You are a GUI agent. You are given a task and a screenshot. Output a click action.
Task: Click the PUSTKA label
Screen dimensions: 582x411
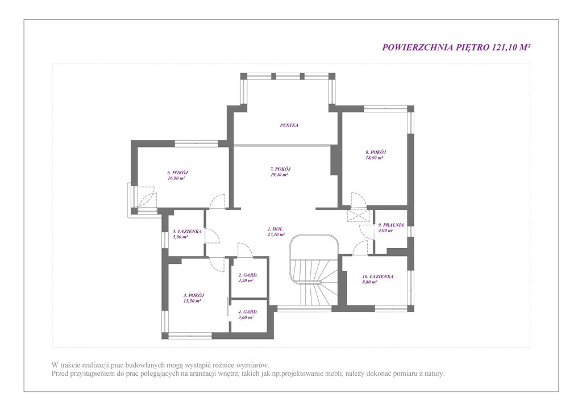pyautogui.click(x=289, y=125)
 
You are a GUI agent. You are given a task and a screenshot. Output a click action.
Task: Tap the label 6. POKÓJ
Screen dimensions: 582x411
pyautogui.click(x=177, y=173)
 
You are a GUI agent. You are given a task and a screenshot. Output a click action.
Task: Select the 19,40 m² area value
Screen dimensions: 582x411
pyautogui.click(x=280, y=175)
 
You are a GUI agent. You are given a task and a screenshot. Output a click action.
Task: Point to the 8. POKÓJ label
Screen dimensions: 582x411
pyautogui.click(x=376, y=152)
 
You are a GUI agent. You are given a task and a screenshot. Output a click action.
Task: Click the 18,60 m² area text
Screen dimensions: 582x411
pyautogui.click(x=375, y=157)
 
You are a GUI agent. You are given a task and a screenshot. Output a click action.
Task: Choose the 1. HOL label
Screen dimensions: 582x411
pyautogui.click(x=275, y=229)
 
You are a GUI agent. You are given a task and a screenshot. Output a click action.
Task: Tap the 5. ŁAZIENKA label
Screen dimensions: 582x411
pyautogui.click(x=187, y=232)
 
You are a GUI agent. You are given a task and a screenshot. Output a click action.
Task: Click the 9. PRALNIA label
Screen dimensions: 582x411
pyautogui.click(x=391, y=225)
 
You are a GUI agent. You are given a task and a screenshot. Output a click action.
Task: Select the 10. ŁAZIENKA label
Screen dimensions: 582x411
pyautogui.click(x=378, y=276)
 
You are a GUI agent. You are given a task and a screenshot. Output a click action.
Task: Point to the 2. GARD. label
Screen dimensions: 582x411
pyautogui.click(x=248, y=275)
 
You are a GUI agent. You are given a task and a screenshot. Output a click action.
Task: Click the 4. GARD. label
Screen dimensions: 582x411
pyautogui.click(x=248, y=312)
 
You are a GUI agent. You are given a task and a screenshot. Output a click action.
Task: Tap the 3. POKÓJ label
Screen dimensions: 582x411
pyautogui.click(x=194, y=296)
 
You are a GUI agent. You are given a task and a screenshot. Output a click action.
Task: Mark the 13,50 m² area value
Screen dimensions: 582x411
pyautogui.click(x=192, y=301)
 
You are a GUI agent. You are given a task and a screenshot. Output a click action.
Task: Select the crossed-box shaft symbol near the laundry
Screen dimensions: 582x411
pyautogui.click(x=358, y=216)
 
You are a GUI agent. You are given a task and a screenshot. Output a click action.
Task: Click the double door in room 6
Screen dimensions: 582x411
pyautogui.click(x=146, y=196)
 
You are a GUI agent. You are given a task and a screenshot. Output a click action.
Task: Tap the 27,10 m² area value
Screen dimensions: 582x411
pyautogui.click(x=277, y=234)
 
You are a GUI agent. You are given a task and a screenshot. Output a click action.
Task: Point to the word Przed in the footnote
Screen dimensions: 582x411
pyautogui.click(x=59, y=374)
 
